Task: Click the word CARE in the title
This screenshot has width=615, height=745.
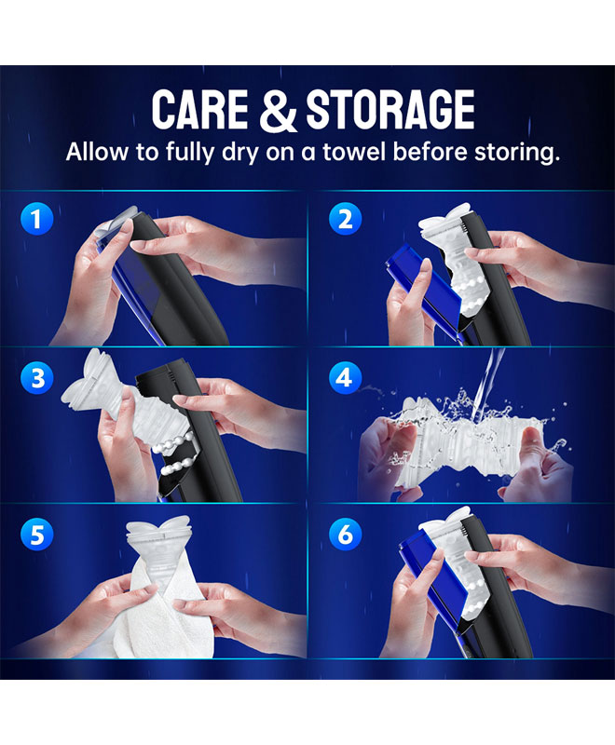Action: pyautogui.click(x=200, y=109)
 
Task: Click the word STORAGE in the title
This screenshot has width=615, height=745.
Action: pyautogui.click(x=390, y=109)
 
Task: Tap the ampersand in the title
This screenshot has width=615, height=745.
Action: pyautogui.click(x=278, y=110)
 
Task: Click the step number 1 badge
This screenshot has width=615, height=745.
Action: pyautogui.click(x=36, y=219)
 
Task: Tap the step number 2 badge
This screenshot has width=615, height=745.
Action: pyautogui.click(x=345, y=219)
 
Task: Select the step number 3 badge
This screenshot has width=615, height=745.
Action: pyautogui.click(x=36, y=377)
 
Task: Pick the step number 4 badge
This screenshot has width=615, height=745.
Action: pyautogui.click(x=345, y=377)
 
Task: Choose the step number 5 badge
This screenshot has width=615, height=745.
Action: pyautogui.click(x=36, y=534)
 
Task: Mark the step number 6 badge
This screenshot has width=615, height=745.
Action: pyautogui.click(x=345, y=534)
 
